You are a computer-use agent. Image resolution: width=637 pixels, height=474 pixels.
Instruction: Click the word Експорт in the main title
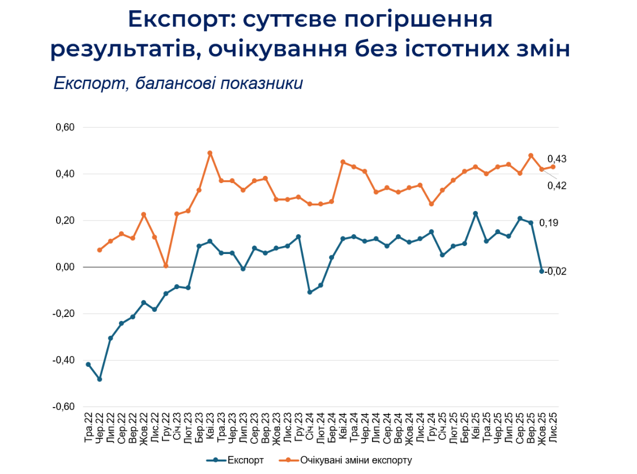point(176,19)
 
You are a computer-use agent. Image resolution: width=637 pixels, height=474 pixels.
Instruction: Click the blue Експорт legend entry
point(238,459)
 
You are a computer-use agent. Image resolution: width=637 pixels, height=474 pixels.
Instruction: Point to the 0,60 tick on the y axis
point(65,128)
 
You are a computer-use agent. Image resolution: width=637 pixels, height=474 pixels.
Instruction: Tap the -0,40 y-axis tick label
point(64,360)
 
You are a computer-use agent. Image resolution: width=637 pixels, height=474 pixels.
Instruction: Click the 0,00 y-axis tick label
point(65,267)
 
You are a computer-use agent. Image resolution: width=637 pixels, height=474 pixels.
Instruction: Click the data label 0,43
point(557,159)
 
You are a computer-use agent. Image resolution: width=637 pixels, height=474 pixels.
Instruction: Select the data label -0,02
point(555,271)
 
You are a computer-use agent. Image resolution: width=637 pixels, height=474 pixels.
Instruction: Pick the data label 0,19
point(549,223)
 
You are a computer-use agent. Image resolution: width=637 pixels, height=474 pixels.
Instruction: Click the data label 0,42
point(557,185)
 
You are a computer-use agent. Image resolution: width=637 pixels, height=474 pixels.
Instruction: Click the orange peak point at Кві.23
point(210,153)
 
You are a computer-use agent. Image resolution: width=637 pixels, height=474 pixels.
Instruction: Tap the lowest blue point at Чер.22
point(100,379)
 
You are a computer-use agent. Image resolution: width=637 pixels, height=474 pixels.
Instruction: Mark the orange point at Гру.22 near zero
point(166,265)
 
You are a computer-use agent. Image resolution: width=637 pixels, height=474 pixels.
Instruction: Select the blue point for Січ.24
point(310,292)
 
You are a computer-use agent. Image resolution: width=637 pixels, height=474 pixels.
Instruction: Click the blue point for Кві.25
point(475,214)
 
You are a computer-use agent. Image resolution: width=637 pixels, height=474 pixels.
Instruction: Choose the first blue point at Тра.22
point(88,364)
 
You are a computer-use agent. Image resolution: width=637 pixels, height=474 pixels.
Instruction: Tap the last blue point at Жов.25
point(542,271)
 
